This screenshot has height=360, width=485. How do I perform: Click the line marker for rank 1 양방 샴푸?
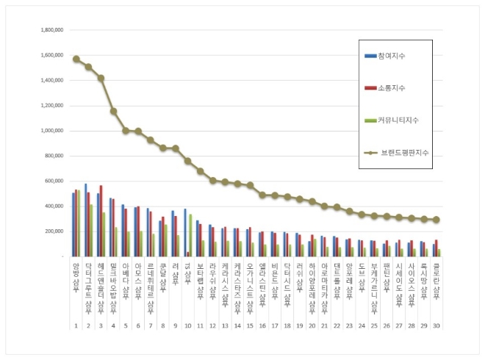pyautogui.click(x=76, y=59)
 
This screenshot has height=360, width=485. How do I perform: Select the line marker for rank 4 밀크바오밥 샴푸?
pyautogui.click(x=113, y=111)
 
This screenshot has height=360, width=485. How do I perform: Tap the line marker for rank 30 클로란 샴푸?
pyautogui.click(x=437, y=220)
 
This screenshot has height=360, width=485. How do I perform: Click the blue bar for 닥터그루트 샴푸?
pyautogui.click(x=86, y=220)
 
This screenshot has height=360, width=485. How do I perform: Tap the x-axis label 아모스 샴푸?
pyautogui.click(x=137, y=279)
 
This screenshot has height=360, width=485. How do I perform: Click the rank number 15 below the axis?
pyautogui.click(x=249, y=324)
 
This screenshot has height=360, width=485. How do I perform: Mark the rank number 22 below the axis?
pyautogui.click(x=336, y=324)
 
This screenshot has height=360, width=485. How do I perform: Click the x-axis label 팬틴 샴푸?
pyautogui.click(x=386, y=276)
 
